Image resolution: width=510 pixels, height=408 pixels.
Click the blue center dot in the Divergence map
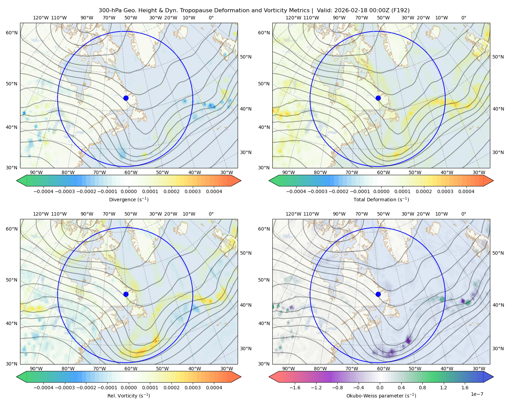pyautogui.click(x=126, y=98)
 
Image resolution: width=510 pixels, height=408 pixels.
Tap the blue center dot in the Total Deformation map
pyautogui.click(x=378, y=98)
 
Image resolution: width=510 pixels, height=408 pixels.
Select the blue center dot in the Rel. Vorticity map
pyautogui.click(x=126, y=294)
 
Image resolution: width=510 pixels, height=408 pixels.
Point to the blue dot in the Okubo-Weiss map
pyautogui.click(x=378, y=294)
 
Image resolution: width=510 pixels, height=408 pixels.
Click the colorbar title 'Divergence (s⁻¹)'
pyautogui.click(x=129, y=199)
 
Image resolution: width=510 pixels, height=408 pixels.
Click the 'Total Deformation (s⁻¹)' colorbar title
pyautogui.click(x=381, y=199)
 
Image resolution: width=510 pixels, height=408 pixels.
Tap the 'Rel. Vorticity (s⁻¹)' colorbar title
pyautogui.click(x=129, y=395)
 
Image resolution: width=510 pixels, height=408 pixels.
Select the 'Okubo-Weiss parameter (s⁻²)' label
pyautogui.click(x=381, y=395)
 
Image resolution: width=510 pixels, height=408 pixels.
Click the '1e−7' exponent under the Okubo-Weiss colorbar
pyautogui.click(x=477, y=394)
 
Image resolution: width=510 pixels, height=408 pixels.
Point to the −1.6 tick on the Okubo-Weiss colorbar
pyautogui.click(x=295, y=387)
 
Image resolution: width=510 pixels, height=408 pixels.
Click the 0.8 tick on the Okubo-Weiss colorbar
pyautogui.click(x=422, y=387)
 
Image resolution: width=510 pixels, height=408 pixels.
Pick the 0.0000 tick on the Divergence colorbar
pyautogui.click(x=129, y=191)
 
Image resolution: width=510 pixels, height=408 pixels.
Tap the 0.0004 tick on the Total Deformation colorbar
pyautogui.click(x=466, y=191)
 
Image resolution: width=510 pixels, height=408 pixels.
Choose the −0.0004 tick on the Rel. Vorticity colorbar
pyautogui.click(x=44, y=387)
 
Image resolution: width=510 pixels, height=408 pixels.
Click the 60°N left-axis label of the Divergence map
pyautogui.click(x=12, y=33)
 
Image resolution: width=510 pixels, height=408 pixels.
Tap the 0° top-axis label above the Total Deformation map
pyautogui.click(x=463, y=18)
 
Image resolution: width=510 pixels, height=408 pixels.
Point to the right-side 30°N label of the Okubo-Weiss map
pyautogui.click(x=498, y=348)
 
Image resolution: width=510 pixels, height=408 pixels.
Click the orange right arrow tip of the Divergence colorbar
pyautogui.click(x=241, y=181)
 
